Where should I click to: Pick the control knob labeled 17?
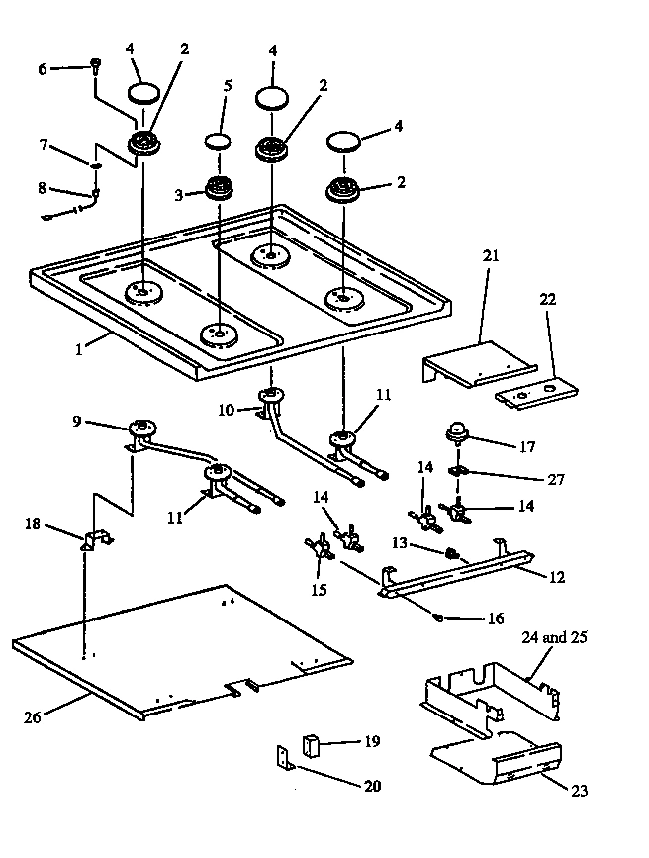point(458,430)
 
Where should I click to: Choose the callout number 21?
point(491,256)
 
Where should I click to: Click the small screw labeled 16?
point(438,619)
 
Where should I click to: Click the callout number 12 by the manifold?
point(557,576)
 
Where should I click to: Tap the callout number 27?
point(556,480)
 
